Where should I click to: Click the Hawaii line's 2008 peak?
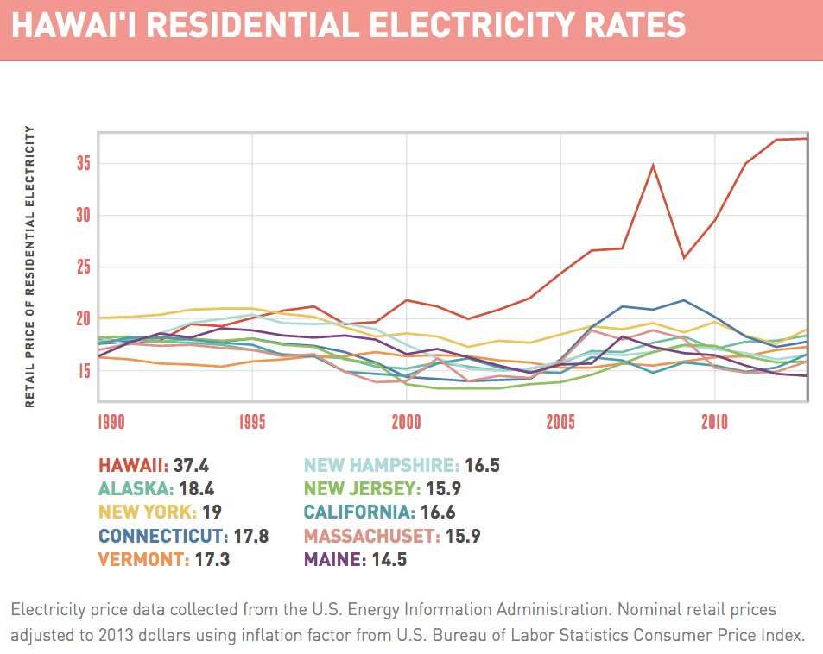(x=653, y=165)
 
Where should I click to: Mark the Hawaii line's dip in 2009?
(x=684, y=257)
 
